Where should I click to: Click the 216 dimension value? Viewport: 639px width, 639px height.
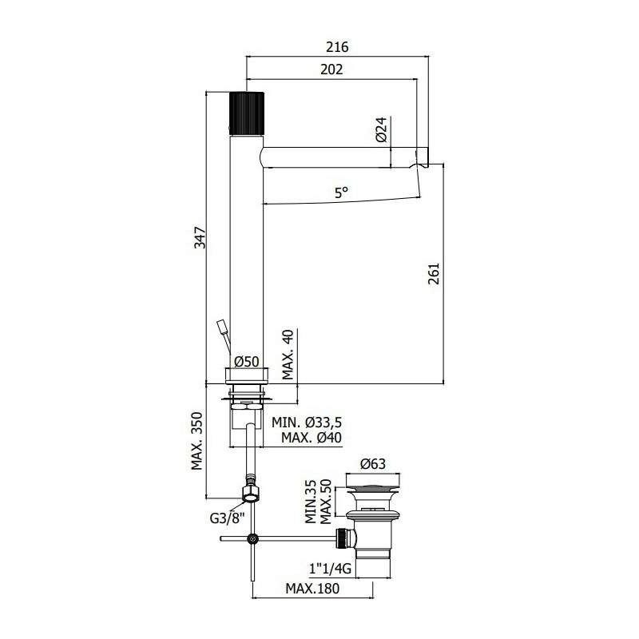(337, 47)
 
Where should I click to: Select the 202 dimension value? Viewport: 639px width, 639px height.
(331, 69)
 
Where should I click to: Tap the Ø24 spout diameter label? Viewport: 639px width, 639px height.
(381, 129)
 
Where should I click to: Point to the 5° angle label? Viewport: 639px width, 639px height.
(342, 192)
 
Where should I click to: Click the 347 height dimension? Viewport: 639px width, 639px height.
(200, 237)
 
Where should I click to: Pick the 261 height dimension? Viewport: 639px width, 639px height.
(434, 273)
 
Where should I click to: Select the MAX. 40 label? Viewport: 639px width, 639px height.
(288, 355)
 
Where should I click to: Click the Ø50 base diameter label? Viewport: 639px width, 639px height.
(247, 362)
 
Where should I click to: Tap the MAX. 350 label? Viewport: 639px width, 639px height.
(197, 442)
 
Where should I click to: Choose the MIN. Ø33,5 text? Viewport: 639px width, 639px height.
(307, 423)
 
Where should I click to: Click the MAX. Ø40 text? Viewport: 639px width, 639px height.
(312, 438)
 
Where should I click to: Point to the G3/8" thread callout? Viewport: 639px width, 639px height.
(227, 518)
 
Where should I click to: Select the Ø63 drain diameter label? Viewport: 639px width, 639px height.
(373, 464)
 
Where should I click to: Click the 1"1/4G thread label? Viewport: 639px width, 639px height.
(330, 569)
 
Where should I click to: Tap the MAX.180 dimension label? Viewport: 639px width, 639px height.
(312, 589)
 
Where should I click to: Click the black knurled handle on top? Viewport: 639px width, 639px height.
(247, 113)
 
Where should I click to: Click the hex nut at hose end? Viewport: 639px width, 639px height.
(250, 493)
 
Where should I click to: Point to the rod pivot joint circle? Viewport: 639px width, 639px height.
(253, 538)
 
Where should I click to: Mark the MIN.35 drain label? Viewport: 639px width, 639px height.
(311, 502)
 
